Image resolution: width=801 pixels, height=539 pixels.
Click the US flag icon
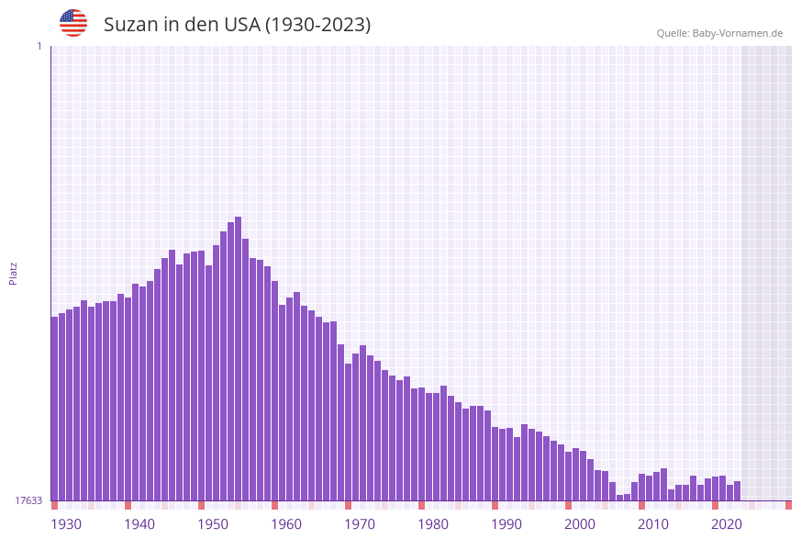(73, 23)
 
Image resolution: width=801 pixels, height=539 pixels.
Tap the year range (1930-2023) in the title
(317, 25)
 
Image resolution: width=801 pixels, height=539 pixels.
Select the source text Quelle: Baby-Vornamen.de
(719, 33)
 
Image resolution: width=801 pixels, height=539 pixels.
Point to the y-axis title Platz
(14, 273)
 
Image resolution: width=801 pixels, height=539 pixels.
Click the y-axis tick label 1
(39, 46)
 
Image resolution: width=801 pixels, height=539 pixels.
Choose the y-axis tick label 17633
(28, 500)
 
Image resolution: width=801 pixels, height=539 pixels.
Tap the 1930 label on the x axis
(66, 524)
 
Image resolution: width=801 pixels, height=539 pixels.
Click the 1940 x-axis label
(139, 524)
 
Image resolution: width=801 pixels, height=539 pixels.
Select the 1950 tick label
(213, 524)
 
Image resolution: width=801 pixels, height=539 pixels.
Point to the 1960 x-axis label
(286, 524)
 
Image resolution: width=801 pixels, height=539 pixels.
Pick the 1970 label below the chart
(360, 524)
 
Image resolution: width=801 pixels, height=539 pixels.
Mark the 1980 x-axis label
(433, 524)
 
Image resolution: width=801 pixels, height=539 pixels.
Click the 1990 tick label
(506, 524)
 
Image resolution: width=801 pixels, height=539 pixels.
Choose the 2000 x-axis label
(580, 524)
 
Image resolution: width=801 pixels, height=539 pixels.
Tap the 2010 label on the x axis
(653, 524)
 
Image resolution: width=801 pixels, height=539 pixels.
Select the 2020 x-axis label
(727, 524)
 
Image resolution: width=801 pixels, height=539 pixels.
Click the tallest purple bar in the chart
(239, 358)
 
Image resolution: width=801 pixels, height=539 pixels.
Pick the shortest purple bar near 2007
(620, 498)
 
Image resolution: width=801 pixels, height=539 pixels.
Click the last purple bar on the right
(738, 491)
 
